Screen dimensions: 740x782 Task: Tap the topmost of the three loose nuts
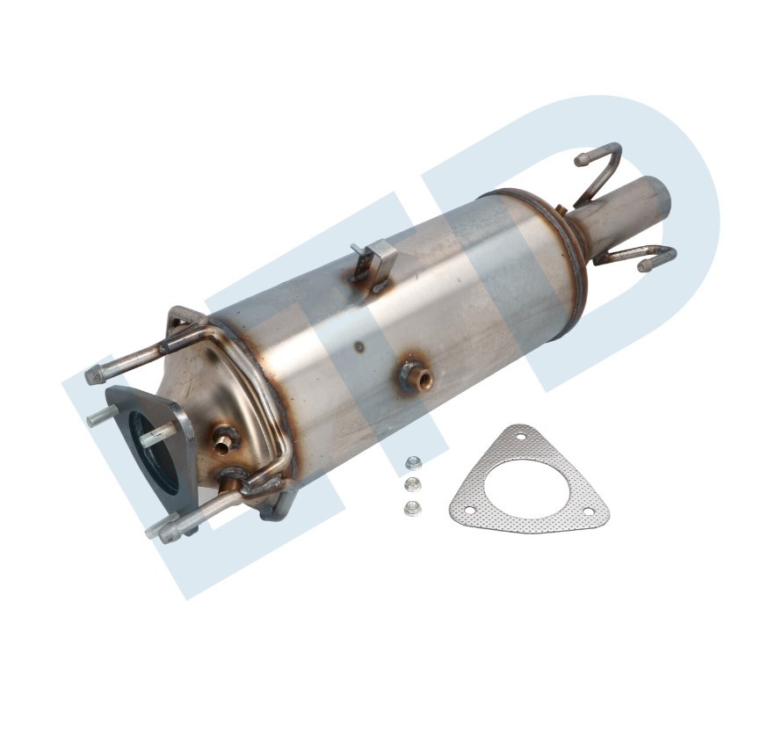point(411,463)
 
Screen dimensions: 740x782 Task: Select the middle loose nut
point(411,485)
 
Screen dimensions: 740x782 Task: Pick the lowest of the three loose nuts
point(410,507)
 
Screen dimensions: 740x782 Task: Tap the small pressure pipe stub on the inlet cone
point(225,442)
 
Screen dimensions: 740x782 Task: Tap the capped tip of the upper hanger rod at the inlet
point(92,375)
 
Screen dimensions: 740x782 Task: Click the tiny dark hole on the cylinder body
point(359,346)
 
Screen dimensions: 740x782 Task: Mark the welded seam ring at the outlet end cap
point(576,264)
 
